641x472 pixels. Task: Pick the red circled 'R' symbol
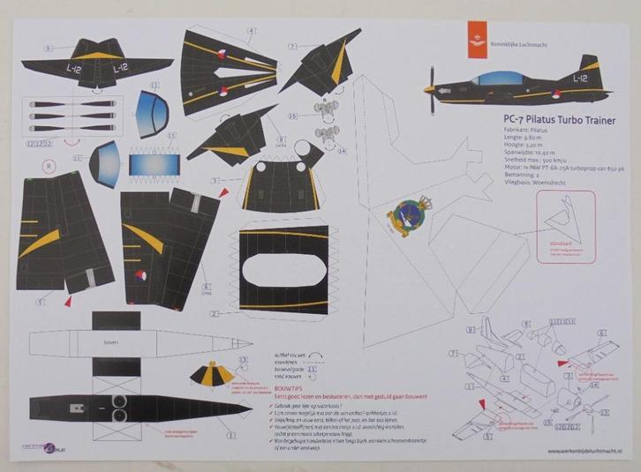pyautogui.click(x=49, y=164)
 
